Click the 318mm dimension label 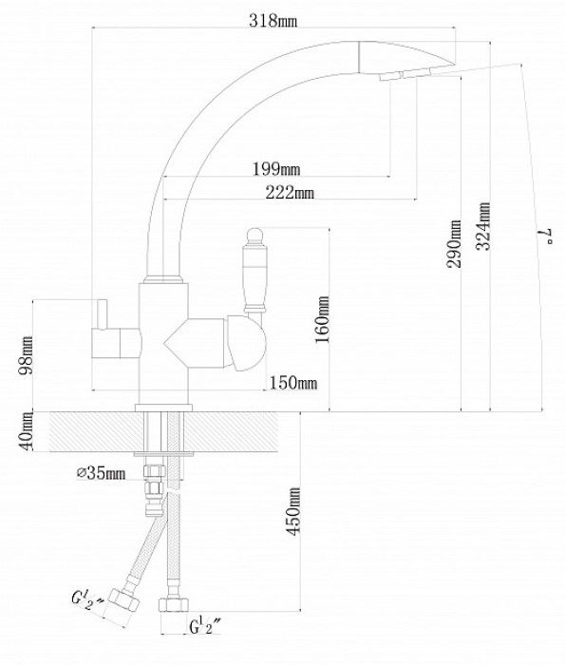click(273, 20)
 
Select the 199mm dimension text click(276, 169)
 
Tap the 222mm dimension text click(290, 193)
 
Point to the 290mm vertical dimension click(454, 243)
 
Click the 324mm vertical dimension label click(483, 226)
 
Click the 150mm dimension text click(293, 383)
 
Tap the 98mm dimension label click(26, 355)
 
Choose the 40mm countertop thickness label click(25, 430)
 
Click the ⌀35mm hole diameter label click(102, 473)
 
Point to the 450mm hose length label click(293, 511)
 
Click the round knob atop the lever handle click(254, 236)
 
